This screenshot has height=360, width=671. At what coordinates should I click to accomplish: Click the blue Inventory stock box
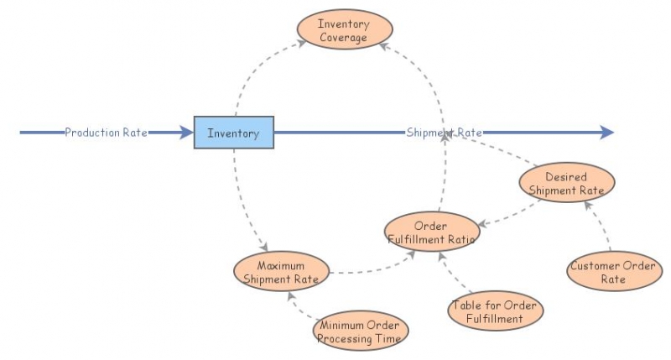234,133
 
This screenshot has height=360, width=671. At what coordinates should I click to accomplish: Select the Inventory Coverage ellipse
345,29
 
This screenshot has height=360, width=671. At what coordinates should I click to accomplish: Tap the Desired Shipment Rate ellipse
567,182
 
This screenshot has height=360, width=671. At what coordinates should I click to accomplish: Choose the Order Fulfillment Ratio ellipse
432,232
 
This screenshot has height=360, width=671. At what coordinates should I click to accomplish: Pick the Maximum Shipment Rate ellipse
281,271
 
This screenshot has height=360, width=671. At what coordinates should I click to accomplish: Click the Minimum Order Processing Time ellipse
361,331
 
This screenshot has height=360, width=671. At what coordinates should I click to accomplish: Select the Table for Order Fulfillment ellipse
495,310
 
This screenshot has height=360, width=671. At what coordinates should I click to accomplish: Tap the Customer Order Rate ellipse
614,271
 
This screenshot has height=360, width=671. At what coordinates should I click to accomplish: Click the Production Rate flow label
107,133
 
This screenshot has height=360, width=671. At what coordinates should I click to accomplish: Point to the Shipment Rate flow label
445,133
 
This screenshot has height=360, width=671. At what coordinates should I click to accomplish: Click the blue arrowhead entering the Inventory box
186,133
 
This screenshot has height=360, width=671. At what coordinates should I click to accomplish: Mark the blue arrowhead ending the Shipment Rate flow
606,133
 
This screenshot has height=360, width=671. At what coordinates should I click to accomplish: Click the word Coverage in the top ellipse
343,38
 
